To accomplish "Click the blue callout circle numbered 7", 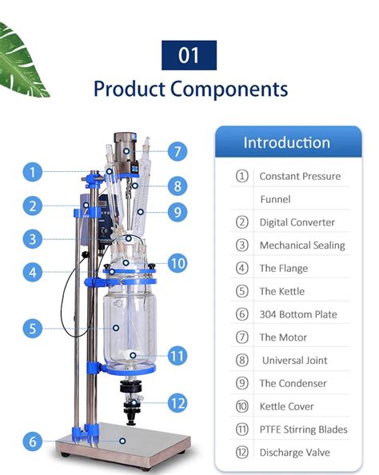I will tap(178, 150).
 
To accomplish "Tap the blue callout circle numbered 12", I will tap(178, 403).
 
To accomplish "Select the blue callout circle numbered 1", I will tap(32, 172).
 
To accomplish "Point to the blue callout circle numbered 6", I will tap(32, 441).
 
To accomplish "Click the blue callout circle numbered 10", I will tap(178, 262).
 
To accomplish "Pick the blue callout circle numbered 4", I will tap(32, 272).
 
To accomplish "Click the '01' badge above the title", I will tap(189, 55).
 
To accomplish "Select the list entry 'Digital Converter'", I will tap(297, 222).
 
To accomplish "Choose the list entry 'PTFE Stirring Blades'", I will tap(303, 429).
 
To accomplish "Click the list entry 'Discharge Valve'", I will tap(294, 453).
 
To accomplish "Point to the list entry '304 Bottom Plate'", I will tap(298, 314).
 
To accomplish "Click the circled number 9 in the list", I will tap(241, 383).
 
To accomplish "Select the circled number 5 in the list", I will tap(241, 291).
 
